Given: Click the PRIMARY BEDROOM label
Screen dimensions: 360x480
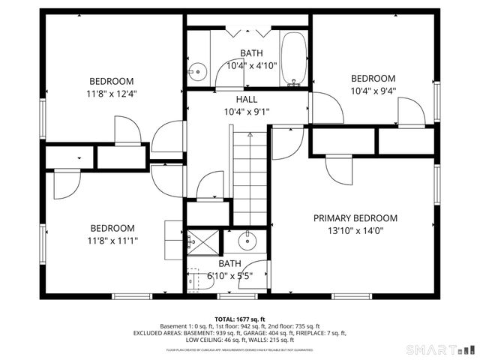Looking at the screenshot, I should click(x=355, y=218).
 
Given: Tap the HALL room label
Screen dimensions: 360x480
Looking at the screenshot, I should click(x=246, y=100).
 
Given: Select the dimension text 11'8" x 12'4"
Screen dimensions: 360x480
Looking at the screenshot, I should click(x=112, y=94).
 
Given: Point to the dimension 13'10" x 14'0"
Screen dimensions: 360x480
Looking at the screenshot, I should click(x=355, y=231).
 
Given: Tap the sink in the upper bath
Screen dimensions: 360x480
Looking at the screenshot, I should click(x=197, y=72).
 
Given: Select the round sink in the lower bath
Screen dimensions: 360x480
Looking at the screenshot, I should click(x=246, y=241).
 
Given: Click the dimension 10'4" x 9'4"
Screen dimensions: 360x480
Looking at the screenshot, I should click(x=373, y=91).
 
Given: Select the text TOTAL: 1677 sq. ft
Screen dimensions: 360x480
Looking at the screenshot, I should click(x=240, y=319).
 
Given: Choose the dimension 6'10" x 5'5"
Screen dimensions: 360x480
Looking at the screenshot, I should click(x=229, y=275).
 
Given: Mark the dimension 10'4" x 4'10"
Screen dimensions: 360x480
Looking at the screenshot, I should click(x=252, y=65).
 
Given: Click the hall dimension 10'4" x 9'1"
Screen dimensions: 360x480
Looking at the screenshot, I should click(x=246, y=112).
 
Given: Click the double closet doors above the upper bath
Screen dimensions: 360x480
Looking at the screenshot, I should click(x=247, y=32).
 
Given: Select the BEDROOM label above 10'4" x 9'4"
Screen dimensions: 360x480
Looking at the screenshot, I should click(x=373, y=79).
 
